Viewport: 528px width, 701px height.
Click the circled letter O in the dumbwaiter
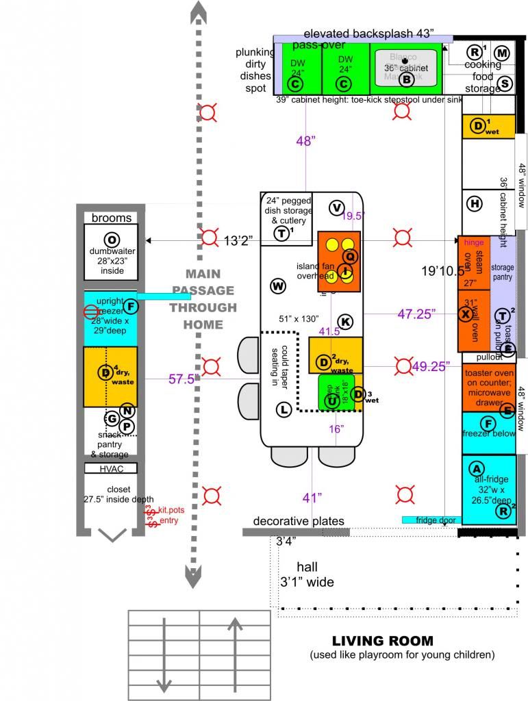tap(110, 239)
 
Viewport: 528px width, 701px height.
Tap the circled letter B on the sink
tap(406, 79)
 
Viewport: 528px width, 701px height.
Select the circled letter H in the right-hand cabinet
tap(474, 203)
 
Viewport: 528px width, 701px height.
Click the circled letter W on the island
tap(277, 285)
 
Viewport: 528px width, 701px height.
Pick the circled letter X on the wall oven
tap(467, 314)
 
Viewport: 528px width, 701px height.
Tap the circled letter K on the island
tap(345, 321)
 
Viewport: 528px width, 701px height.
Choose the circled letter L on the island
tap(284, 409)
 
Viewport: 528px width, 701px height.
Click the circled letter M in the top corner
tap(502, 53)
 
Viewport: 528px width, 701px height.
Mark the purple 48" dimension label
tap(305, 141)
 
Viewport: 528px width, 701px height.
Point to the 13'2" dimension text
tap(238, 240)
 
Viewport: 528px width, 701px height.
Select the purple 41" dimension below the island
tap(312, 498)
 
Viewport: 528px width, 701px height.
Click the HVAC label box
tap(110, 468)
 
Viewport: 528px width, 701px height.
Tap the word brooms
tap(111, 218)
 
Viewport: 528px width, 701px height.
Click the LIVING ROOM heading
tap(382, 641)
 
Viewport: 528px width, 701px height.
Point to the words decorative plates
tap(299, 522)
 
